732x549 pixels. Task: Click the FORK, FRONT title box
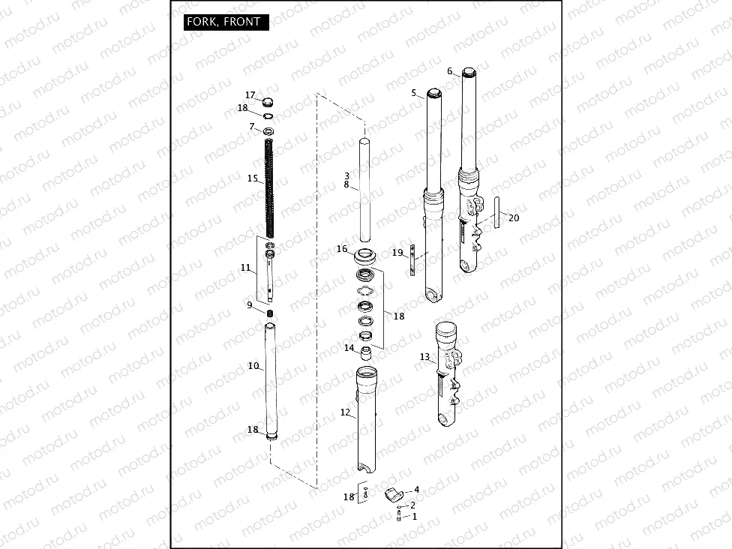(x=226, y=22)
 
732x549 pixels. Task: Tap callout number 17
(x=250, y=95)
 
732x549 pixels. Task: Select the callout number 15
(x=253, y=178)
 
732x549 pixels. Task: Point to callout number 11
(x=245, y=267)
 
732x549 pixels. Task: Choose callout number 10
(x=253, y=366)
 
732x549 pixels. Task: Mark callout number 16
(x=342, y=249)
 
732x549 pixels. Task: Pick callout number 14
(x=349, y=348)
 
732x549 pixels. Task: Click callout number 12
(x=345, y=412)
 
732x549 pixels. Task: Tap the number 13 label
(x=425, y=357)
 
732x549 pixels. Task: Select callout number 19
(x=397, y=252)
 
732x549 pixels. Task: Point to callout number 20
(x=513, y=217)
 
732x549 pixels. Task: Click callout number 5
(x=413, y=92)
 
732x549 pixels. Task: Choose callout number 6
(x=450, y=71)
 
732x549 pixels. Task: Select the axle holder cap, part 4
(x=392, y=493)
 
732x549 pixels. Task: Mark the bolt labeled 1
(x=397, y=516)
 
